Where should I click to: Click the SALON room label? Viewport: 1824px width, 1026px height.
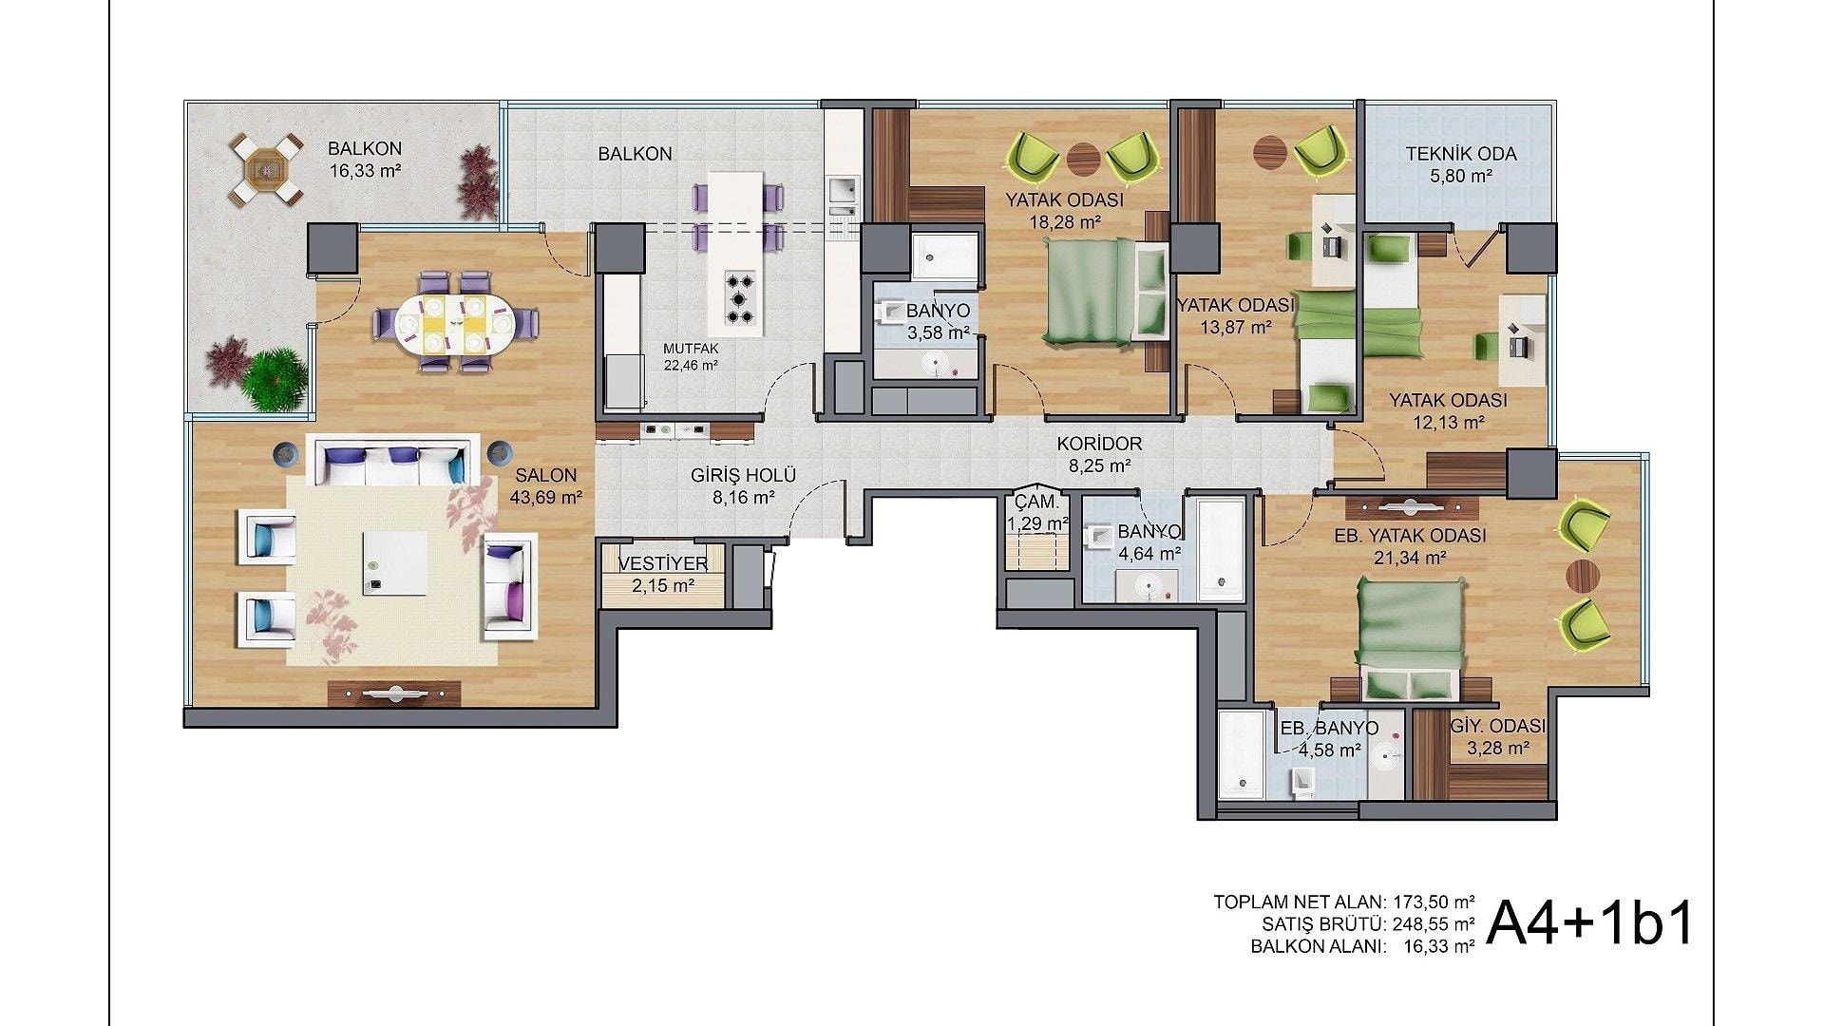546,476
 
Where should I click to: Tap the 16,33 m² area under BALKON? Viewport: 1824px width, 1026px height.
365,171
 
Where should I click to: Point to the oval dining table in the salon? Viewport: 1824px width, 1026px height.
455,323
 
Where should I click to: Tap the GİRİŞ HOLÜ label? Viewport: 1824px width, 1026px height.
743,476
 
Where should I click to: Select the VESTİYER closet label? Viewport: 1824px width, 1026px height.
662,564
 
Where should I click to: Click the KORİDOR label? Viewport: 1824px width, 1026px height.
1099,444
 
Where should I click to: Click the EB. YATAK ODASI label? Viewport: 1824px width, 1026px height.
1410,536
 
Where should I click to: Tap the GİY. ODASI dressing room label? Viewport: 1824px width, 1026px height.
1498,727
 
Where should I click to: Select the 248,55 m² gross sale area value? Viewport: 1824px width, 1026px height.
1434,922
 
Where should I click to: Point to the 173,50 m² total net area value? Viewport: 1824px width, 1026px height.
1434,902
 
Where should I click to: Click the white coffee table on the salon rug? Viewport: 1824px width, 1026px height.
394,561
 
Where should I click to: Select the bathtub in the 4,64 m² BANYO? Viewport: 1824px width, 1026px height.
1220,547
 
